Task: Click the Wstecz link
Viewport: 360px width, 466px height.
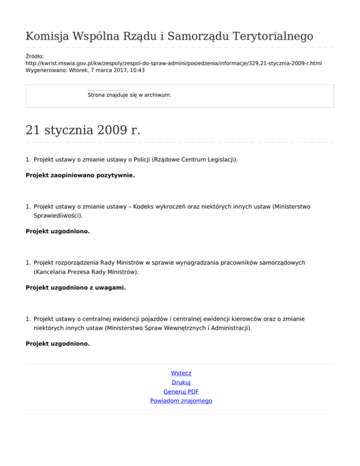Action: tap(181, 373)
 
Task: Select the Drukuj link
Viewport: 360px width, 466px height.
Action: tap(181, 383)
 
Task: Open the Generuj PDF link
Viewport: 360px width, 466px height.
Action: tap(181, 391)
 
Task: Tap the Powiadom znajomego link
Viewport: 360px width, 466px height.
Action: tap(181, 401)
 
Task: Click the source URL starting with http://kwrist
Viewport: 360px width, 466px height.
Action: tap(173, 62)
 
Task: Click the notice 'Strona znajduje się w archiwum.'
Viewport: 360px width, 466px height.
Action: tap(129, 95)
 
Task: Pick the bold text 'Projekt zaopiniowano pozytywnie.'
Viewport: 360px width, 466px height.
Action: tap(80, 175)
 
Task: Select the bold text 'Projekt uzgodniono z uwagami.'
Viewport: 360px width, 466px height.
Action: tap(75, 288)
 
